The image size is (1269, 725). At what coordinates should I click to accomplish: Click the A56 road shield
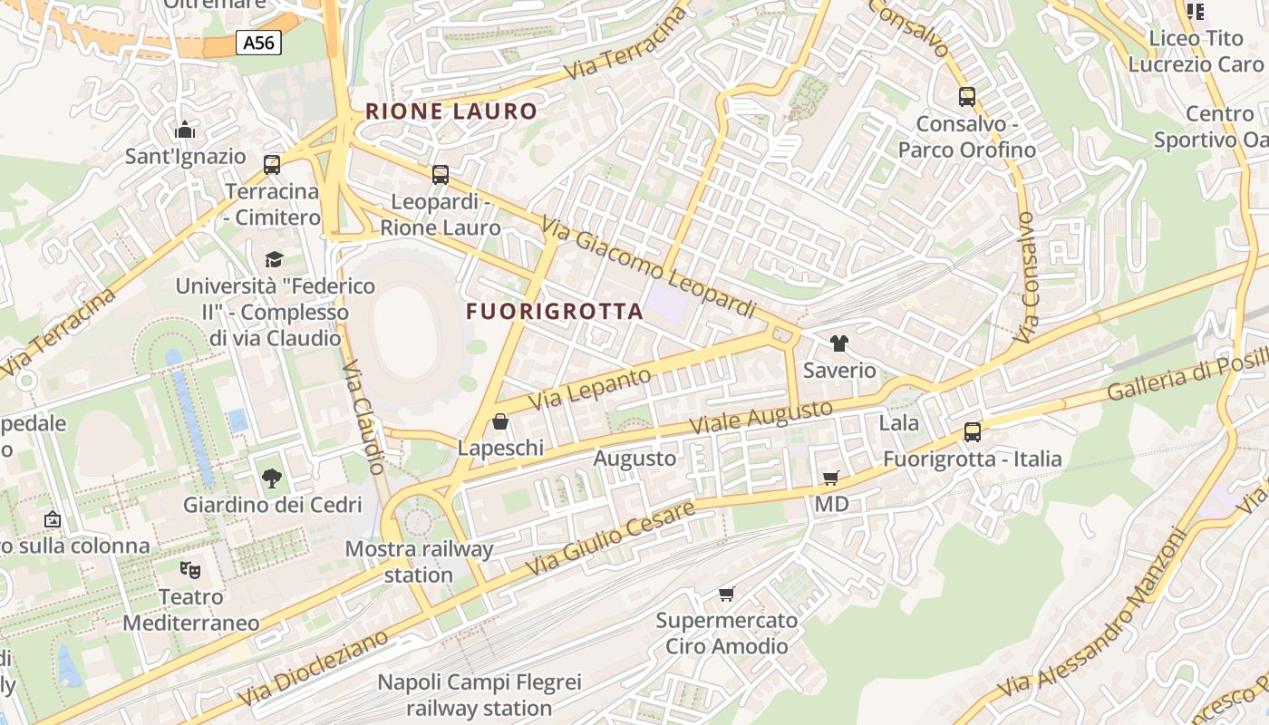tap(258, 42)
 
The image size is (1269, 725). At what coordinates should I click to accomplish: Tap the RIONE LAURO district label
tap(450, 111)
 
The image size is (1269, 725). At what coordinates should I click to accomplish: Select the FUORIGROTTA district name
tap(554, 311)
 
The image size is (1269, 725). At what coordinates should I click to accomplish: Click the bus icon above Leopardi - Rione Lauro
tap(441, 174)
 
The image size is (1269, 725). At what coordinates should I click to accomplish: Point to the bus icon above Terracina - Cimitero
tap(272, 164)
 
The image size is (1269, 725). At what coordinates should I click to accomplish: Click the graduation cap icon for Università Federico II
tap(275, 260)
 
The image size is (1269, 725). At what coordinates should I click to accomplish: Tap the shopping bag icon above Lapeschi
tap(499, 421)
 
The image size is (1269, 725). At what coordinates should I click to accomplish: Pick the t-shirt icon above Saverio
tap(839, 343)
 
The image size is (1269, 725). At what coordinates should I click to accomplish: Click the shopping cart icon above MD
tap(830, 478)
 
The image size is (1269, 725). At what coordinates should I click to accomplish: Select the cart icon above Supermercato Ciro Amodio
tap(726, 594)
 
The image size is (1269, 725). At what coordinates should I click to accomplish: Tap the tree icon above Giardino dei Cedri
tap(271, 478)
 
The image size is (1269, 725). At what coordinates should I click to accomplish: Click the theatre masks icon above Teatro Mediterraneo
tap(190, 570)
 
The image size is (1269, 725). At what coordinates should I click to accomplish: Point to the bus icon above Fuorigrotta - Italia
tap(973, 431)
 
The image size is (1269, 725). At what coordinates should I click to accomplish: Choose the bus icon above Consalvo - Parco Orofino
tap(967, 96)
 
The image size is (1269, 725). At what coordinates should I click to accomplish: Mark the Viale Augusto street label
tap(760, 417)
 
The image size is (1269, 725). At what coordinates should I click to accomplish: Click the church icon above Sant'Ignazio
tap(185, 130)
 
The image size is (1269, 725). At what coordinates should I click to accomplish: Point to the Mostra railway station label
tap(419, 561)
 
